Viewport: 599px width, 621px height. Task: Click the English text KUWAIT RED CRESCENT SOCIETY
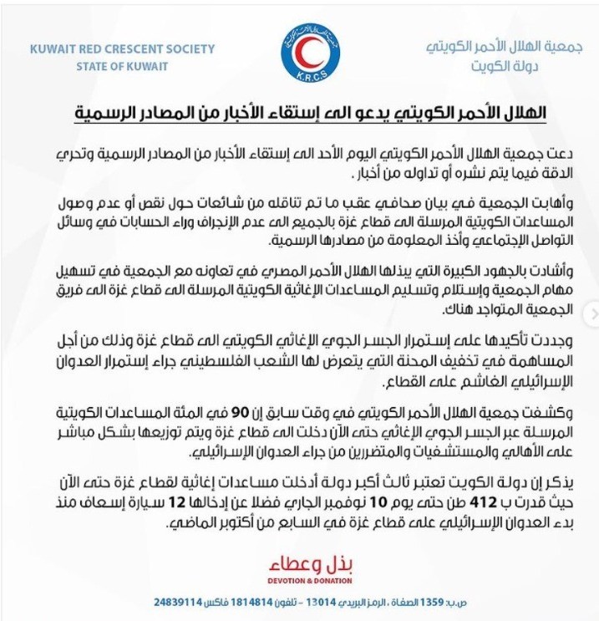pos(122,49)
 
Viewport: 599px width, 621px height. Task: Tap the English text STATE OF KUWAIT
pos(122,66)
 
